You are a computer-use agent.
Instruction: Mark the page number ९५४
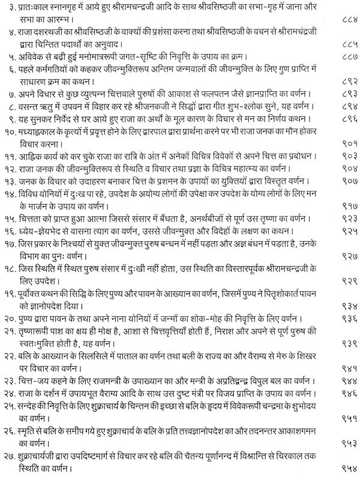[341, 466]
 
